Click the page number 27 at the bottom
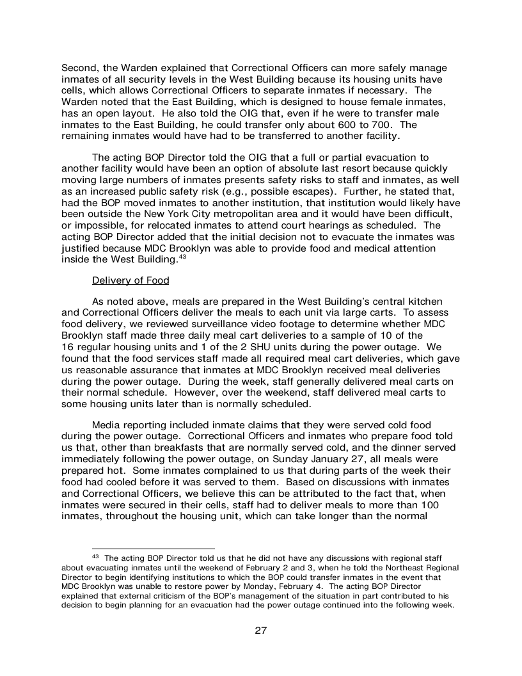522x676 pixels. pyautogui.click(x=260, y=631)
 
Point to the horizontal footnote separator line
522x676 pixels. pyautogui.click(x=153, y=549)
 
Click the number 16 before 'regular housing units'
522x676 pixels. pyautogui.click(x=68, y=347)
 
